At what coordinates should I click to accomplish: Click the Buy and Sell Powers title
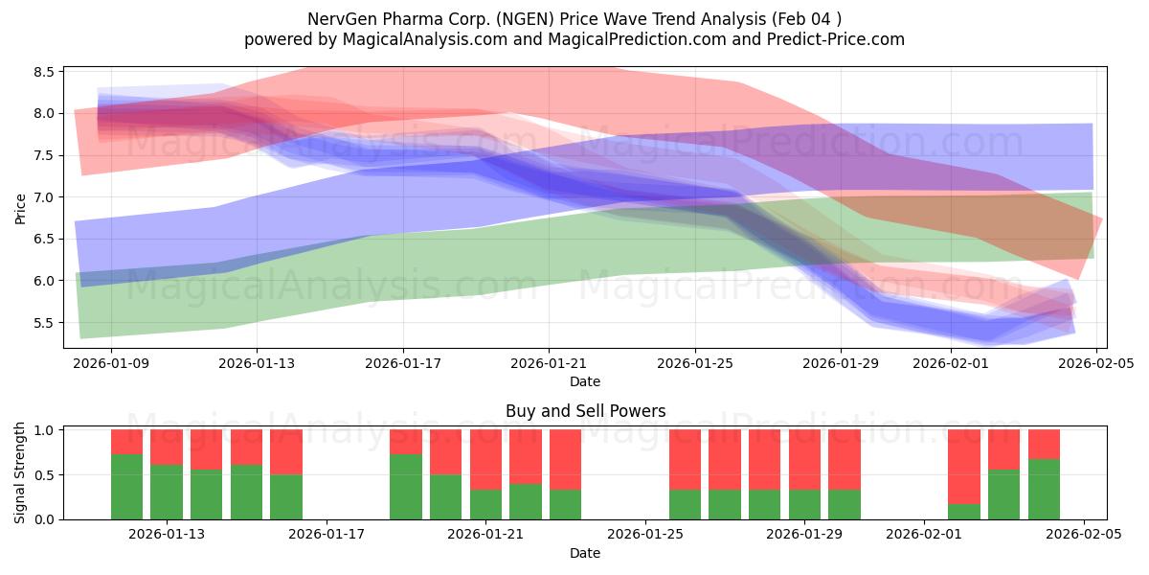click(585, 411)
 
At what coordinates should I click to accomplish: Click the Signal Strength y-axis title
click(21, 472)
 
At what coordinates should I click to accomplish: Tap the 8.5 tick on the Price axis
click(42, 72)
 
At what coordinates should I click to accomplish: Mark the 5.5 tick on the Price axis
click(42, 323)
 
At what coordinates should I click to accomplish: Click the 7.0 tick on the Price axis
click(42, 197)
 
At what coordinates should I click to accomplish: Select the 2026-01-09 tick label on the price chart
click(111, 363)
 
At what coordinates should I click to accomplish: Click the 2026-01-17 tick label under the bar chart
click(327, 534)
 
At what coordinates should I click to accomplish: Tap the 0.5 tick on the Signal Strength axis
click(44, 475)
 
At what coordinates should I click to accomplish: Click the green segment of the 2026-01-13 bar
click(167, 492)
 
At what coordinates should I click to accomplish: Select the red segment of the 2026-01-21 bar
click(485, 459)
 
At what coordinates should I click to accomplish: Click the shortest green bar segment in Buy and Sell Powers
click(964, 512)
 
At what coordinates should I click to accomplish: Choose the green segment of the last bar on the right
click(1044, 489)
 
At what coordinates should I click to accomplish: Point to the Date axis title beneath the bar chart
click(585, 553)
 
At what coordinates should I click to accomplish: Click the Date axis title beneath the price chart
click(585, 381)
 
